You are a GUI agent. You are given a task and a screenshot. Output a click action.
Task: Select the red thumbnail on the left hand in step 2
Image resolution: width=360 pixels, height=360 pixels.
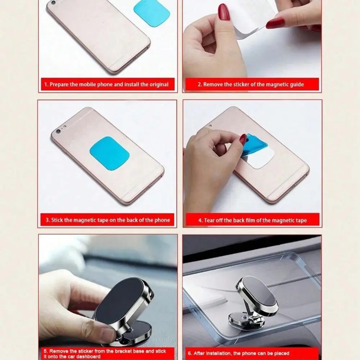pyautogui.click(x=224, y=13)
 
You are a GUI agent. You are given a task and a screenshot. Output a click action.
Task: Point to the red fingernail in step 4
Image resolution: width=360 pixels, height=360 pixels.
pyautogui.click(x=243, y=139)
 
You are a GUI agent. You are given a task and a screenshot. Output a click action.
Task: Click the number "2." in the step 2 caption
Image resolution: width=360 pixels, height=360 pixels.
pyautogui.click(x=200, y=85)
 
